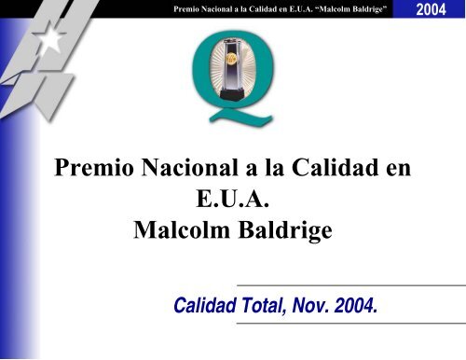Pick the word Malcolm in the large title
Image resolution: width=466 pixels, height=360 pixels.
tap(173, 230)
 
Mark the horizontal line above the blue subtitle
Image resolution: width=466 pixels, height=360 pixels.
tap(349, 284)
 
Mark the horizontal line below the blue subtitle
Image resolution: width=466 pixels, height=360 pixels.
tap(349, 322)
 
